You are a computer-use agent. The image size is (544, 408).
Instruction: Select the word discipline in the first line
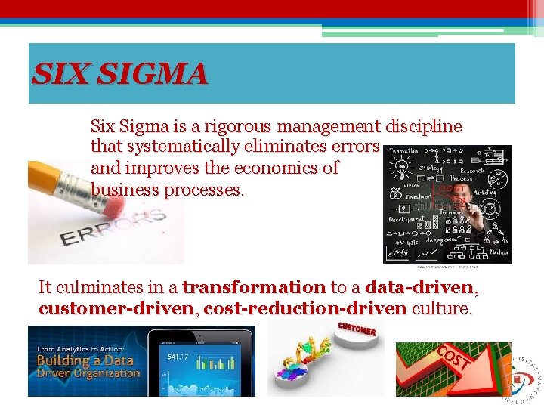click(x=424, y=126)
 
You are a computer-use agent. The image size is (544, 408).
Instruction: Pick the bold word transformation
click(x=254, y=288)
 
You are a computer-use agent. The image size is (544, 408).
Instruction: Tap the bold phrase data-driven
click(x=419, y=288)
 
